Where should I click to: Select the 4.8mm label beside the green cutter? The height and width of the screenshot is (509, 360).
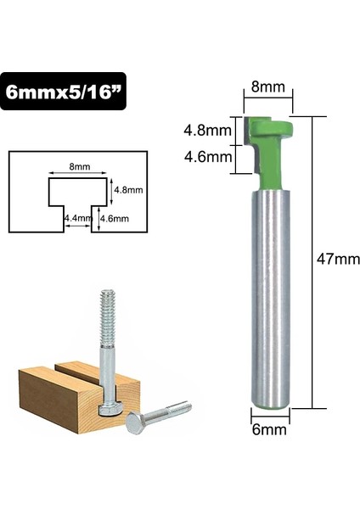coord(207,131)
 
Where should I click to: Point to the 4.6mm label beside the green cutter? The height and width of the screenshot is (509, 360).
coord(207,155)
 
